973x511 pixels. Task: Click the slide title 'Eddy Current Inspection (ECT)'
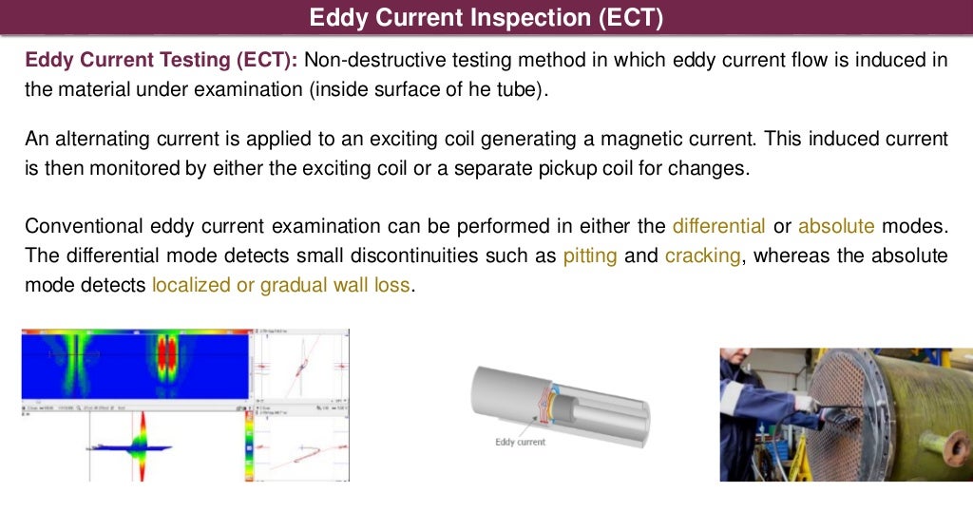[x=486, y=18]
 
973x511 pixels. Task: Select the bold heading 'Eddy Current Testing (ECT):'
[x=162, y=60]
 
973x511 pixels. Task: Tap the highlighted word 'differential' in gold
[x=718, y=226]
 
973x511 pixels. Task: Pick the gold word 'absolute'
[x=837, y=226]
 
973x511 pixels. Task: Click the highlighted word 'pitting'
[x=589, y=255]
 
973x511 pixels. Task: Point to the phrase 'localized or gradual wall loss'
[x=281, y=285]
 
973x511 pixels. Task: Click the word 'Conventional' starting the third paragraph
[x=83, y=226]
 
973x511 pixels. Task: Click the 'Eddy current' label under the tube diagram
[x=520, y=442]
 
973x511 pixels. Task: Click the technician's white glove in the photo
[x=806, y=404]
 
